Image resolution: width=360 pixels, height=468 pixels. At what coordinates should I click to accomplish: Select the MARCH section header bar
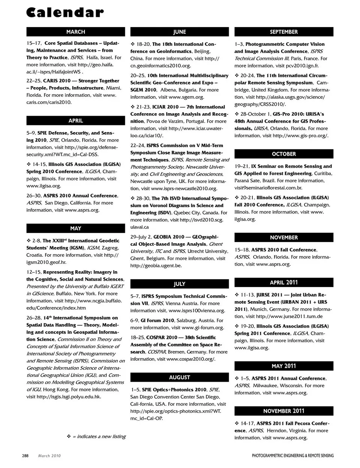(75, 32)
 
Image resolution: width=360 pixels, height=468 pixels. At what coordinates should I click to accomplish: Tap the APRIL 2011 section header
(283, 283)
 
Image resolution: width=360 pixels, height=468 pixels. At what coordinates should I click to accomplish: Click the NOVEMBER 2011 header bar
(283, 411)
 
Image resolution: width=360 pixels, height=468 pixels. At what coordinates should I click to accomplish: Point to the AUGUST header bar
(179, 377)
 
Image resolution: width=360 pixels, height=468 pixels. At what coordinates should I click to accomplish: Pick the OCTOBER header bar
(283, 154)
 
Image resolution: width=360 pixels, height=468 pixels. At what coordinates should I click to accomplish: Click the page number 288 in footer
(25, 456)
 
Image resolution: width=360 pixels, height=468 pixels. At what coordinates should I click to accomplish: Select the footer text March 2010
(49, 456)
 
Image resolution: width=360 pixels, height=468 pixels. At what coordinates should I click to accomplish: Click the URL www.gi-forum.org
(203, 328)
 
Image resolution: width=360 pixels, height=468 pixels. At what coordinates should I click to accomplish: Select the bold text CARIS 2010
(57, 81)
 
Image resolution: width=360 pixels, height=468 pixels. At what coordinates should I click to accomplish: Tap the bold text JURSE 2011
(269, 295)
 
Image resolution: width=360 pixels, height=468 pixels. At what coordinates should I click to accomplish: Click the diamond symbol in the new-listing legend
(69, 436)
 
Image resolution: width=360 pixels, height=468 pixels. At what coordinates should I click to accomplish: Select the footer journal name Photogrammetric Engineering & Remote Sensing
(292, 456)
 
